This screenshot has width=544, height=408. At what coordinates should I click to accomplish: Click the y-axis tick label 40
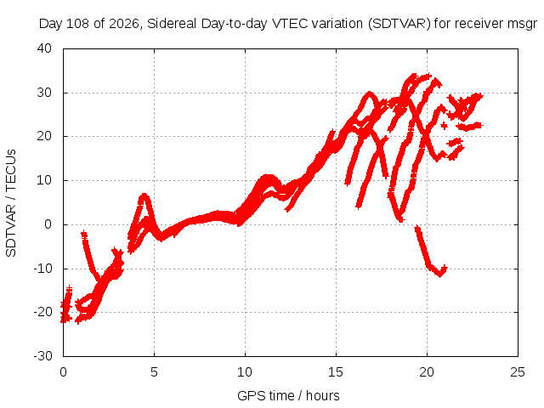(44, 48)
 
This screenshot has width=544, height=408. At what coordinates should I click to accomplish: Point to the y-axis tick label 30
(44, 93)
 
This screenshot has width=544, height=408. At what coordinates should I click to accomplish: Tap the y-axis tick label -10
(42, 269)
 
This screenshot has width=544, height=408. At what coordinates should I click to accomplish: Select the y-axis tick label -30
(42, 355)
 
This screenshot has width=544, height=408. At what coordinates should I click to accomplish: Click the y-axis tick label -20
(42, 312)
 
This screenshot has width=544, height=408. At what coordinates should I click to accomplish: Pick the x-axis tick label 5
(154, 372)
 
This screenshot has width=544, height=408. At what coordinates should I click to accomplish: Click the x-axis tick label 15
(336, 372)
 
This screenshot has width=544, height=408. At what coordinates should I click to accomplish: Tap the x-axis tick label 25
(518, 372)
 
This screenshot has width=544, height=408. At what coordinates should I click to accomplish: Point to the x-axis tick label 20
(427, 372)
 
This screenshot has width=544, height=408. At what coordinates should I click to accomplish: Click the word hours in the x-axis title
(323, 396)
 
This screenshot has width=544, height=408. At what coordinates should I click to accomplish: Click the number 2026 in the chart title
(124, 24)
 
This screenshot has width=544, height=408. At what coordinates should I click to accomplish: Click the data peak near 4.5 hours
(144, 195)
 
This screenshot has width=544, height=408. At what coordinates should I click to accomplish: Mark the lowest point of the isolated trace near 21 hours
(440, 275)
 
